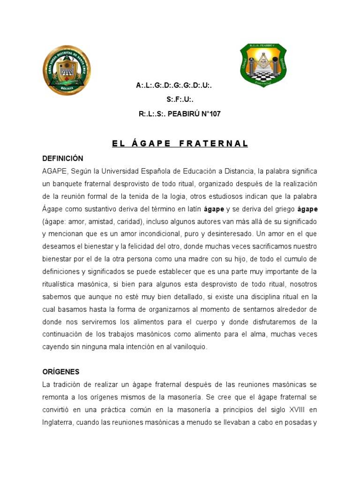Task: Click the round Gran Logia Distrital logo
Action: [67, 71]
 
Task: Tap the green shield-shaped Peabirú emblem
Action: [263, 65]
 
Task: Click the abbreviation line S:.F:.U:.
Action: [180, 100]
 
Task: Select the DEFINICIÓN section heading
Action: [62, 158]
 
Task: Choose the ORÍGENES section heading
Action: [61, 372]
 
